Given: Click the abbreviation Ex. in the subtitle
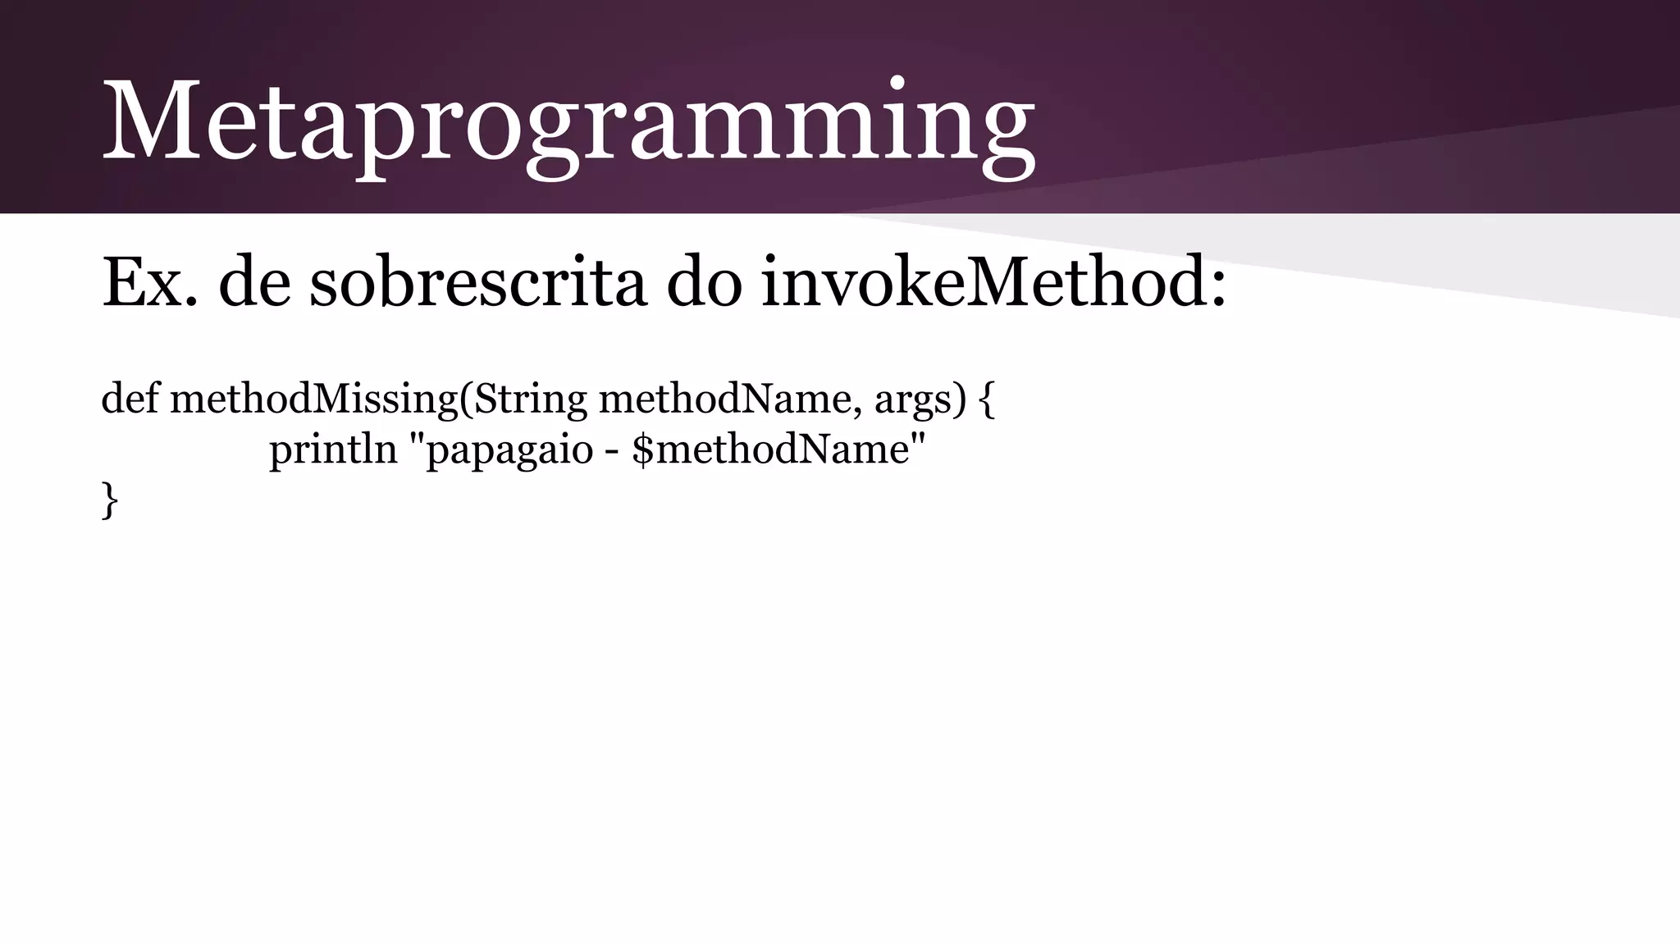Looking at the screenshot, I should pos(149,283).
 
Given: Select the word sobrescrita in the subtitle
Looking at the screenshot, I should pos(477,283).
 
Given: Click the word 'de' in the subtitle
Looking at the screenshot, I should pos(254,283).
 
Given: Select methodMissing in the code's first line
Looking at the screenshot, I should pos(313,400).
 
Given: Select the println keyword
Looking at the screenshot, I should pos(333,450).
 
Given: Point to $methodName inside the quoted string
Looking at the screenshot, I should pos(771,450).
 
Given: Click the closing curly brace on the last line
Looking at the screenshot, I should pos(109,500).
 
